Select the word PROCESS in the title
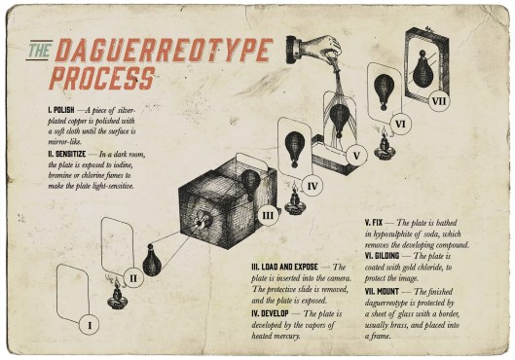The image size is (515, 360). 102,78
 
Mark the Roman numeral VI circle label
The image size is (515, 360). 399,125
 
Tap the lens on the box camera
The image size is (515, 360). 201,219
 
